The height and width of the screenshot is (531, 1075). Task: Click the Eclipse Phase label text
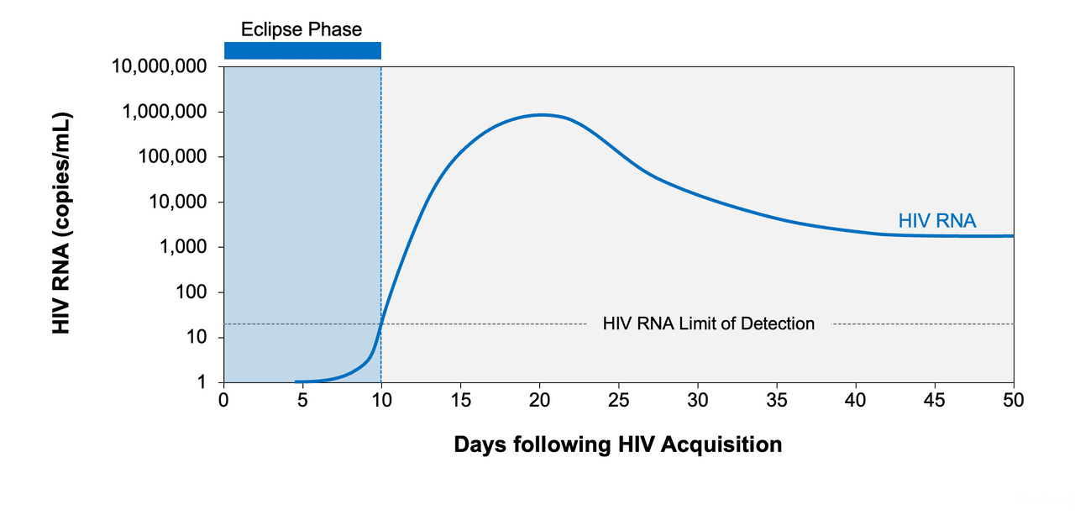pos(302,29)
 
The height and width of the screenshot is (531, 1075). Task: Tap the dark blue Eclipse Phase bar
pos(302,50)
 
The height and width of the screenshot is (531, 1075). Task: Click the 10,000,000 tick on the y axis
pos(160,67)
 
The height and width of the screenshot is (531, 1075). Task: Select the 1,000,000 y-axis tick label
pos(165,112)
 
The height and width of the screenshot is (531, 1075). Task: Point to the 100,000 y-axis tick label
pos(171,157)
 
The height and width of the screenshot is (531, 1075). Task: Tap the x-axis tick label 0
pos(223,399)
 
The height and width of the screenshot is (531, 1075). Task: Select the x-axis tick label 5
pos(302,399)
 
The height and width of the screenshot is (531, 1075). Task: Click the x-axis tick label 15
pos(460,399)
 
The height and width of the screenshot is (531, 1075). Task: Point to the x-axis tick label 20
pos(539,399)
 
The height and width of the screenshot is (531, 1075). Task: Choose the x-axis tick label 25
pos(618,399)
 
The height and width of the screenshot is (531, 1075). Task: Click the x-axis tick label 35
pos(777,399)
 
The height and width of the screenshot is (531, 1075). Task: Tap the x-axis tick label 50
pos(1014,399)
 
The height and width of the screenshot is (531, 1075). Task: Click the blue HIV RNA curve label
pos(936,221)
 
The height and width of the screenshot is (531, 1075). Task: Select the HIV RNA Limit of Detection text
pos(708,323)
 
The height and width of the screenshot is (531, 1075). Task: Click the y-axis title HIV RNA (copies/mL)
pos(61,223)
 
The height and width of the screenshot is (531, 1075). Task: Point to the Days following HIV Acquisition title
pos(617,444)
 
